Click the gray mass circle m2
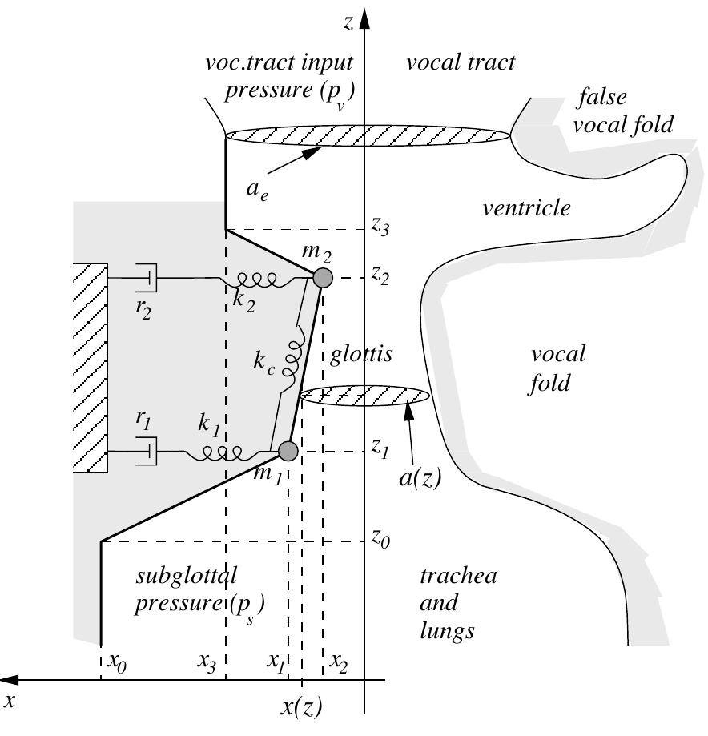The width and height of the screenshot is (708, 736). point(322,278)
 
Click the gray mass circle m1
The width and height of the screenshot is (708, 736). point(288,452)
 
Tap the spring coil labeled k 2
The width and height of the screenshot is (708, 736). point(252,279)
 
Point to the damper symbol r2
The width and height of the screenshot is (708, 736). point(148,278)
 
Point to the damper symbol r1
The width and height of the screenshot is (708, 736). point(148,452)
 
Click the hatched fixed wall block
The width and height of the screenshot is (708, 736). point(90,368)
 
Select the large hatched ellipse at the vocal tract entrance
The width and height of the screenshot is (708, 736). point(368,136)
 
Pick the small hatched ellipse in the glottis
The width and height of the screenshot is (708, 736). point(365,395)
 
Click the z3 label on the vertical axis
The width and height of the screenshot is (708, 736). point(380,228)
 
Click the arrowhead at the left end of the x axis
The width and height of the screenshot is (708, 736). point(11,681)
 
